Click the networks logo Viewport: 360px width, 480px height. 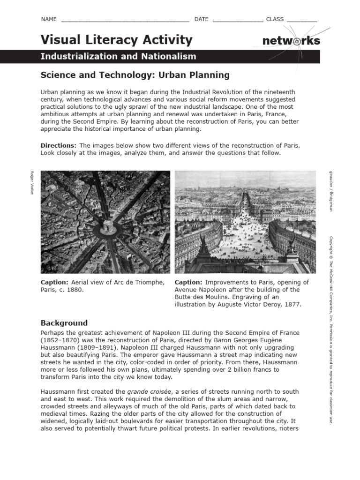tap(291, 41)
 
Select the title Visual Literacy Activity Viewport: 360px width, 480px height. tap(116, 40)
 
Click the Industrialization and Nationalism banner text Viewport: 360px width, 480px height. tap(118, 57)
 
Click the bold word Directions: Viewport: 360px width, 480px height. tap(58, 145)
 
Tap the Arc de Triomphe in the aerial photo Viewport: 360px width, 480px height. tap(109, 227)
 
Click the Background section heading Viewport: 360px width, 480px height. tap(64, 323)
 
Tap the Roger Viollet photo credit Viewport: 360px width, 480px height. tap(32, 183)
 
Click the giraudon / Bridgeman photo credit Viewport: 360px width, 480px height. tap(330, 191)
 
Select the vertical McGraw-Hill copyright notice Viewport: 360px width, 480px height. tap(330, 330)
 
